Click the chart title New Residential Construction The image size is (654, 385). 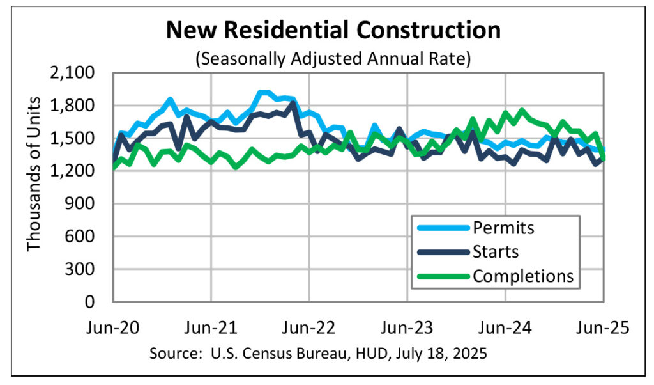333,30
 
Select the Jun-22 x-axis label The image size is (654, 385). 309,327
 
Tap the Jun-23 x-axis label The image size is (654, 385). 407,327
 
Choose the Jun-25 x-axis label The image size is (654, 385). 604,327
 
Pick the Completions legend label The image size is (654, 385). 523,276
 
